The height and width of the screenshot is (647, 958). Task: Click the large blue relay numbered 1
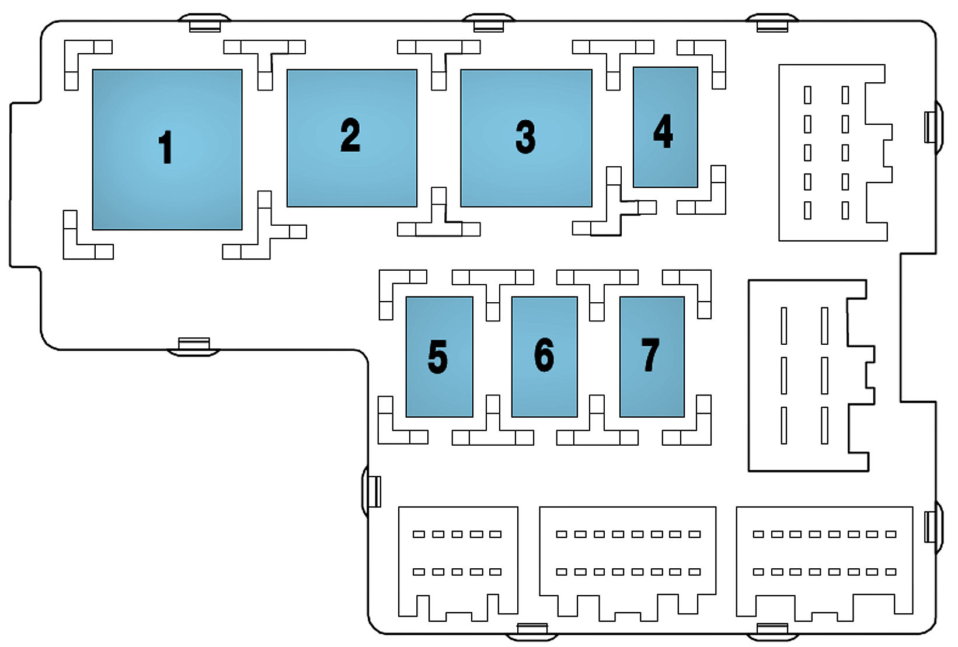click(x=167, y=149)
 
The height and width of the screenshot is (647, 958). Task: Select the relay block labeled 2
click(x=351, y=138)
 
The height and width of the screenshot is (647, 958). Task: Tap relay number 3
click(x=526, y=138)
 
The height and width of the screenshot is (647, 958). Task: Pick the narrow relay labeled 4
click(x=665, y=127)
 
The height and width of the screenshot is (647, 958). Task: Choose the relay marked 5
click(x=439, y=356)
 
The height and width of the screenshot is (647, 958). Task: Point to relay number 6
click(x=544, y=356)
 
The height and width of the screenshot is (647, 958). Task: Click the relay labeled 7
click(x=652, y=356)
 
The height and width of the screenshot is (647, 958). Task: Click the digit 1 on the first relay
click(x=166, y=147)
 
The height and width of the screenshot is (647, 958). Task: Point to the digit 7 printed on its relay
click(x=650, y=355)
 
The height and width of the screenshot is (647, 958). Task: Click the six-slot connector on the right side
click(x=809, y=375)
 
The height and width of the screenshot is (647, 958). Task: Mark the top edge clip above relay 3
click(x=488, y=23)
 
